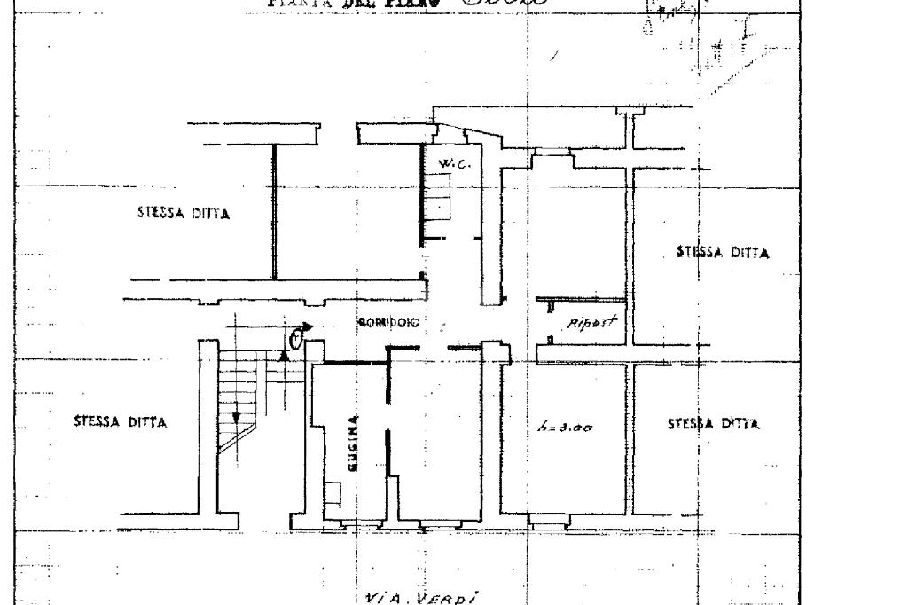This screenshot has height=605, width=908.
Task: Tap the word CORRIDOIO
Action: [389, 323]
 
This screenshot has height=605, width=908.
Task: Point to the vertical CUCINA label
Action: [355, 443]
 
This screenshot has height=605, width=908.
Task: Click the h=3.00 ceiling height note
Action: [566, 428]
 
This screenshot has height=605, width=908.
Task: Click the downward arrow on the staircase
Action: [237, 416]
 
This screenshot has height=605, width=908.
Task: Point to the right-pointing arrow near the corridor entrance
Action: [307, 326]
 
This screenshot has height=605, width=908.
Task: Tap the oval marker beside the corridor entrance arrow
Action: [296, 338]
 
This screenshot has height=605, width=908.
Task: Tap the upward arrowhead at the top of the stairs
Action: [284, 355]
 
